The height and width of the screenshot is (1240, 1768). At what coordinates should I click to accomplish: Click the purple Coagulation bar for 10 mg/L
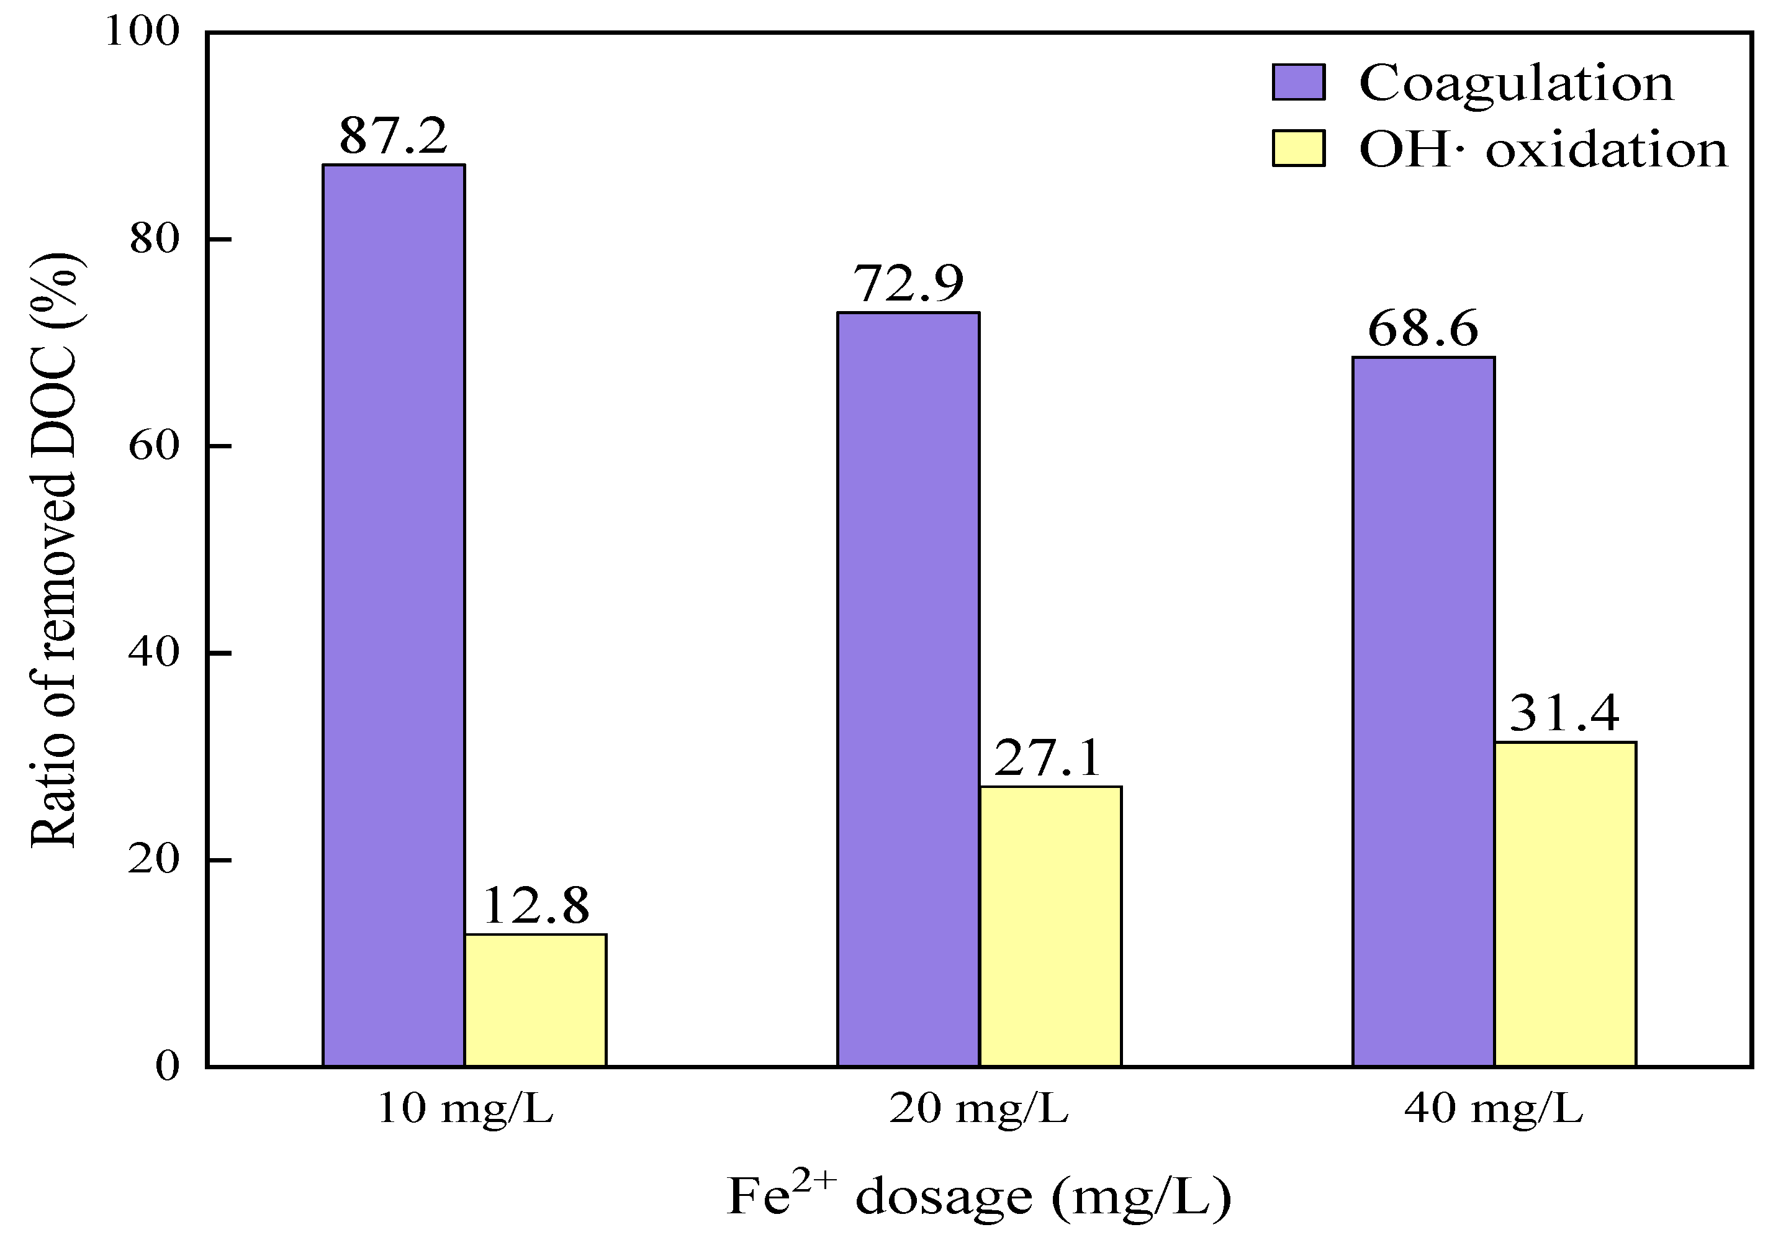click(x=394, y=615)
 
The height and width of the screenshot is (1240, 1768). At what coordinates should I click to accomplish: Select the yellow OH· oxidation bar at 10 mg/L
click(x=535, y=1000)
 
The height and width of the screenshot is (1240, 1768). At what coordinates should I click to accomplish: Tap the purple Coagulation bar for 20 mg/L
click(x=909, y=689)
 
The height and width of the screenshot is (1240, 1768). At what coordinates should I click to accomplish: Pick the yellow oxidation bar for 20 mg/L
click(x=1050, y=926)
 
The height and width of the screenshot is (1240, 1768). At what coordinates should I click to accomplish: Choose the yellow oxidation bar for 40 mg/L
click(x=1566, y=904)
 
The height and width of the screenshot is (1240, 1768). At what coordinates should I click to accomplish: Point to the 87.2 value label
click(x=394, y=135)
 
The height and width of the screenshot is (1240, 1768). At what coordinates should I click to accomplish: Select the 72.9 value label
click(x=909, y=283)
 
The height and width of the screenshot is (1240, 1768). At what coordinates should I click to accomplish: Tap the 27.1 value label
click(x=1048, y=758)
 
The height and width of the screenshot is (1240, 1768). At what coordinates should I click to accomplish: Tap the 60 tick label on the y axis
click(x=154, y=446)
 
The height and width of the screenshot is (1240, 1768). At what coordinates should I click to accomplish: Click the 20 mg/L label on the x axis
click(x=980, y=1110)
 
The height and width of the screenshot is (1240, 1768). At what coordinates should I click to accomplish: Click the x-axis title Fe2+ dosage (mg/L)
click(x=980, y=1195)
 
